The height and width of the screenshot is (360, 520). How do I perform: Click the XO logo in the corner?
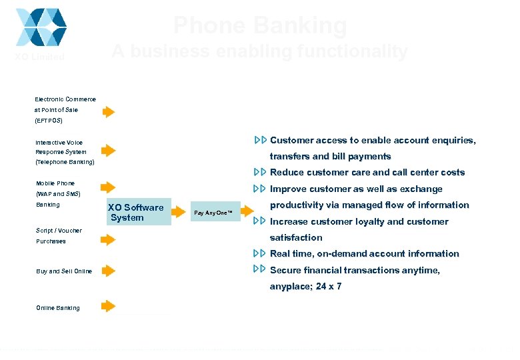[x=41, y=27]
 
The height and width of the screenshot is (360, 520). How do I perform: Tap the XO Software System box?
[x=137, y=212]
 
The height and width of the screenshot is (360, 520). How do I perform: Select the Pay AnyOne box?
[x=213, y=213]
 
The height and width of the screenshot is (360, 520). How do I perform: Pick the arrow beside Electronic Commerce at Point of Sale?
[x=109, y=111]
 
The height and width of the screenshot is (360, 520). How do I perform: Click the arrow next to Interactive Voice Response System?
[x=109, y=151]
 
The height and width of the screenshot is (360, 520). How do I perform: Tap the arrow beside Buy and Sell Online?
[x=109, y=271]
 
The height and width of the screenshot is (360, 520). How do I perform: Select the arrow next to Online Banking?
[x=109, y=306]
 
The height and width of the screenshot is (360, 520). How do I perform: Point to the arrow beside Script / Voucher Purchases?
[x=109, y=239]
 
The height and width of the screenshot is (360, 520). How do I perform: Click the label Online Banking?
[x=58, y=308]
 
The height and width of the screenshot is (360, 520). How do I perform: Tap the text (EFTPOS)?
[x=49, y=121]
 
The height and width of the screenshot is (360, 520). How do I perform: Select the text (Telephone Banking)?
[x=65, y=162]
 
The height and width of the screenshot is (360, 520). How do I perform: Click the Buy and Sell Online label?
[x=64, y=271]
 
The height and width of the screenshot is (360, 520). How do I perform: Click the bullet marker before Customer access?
[x=260, y=140]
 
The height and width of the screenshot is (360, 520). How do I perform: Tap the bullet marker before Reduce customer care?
[x=260, y=172]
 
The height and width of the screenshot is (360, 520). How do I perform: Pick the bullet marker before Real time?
[x=260, y=253]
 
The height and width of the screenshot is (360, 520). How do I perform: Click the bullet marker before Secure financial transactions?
[x=260, y=269]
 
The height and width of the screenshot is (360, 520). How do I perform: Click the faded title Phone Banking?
[x=260, y=26]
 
